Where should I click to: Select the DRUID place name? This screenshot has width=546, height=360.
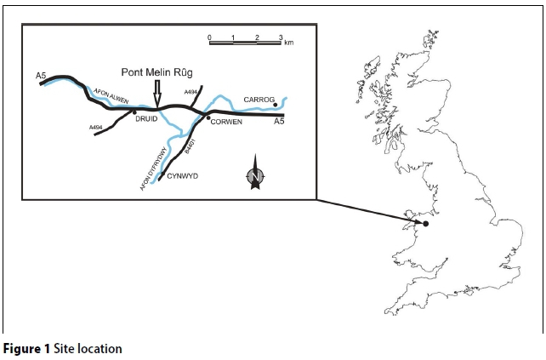147,120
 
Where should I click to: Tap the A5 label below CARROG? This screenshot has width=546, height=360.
277,123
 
